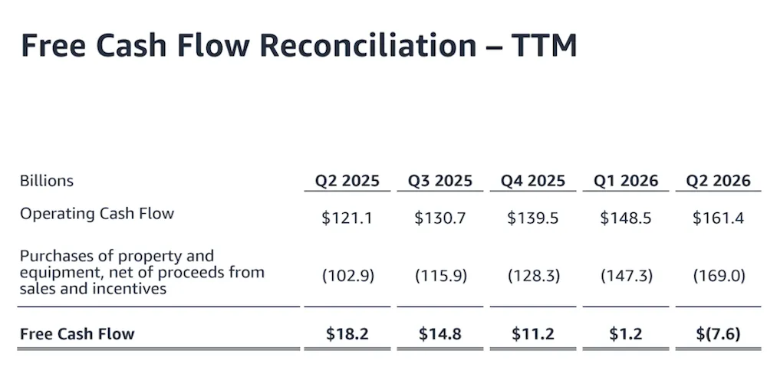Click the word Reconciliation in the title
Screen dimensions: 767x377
(x=368, y=45)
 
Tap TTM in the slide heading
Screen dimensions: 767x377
(x=545, y=45)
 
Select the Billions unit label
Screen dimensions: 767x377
(x=47, y=181)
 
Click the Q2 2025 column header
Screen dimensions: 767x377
(x=347, y=181)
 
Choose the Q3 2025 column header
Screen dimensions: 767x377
(x=440, y=181)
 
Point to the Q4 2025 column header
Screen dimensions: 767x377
(x=533, y=181)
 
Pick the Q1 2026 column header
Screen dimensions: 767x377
(x=626, y=181)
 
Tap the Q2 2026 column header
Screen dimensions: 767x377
(x=718, y=181)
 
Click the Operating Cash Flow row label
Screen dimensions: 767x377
(x=97, y=214)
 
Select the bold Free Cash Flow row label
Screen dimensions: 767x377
(x=77, y=334)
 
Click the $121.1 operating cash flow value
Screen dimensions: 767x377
(x=347, y=218)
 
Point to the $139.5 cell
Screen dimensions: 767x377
(x=533, y=218)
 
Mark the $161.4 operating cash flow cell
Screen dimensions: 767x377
(x=718, y=218)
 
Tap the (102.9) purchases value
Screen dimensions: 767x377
(x=347, y=276)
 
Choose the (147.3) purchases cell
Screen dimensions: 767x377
(x=627, y=276)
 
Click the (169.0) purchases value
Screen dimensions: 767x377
(x=719, y=276)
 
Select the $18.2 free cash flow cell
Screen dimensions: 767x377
(x=347, y=334)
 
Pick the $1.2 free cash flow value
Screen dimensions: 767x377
(x=626, y=334)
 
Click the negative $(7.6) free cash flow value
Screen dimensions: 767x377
(x=718, y=334)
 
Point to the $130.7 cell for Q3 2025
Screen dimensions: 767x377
(x=440, y=218)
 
